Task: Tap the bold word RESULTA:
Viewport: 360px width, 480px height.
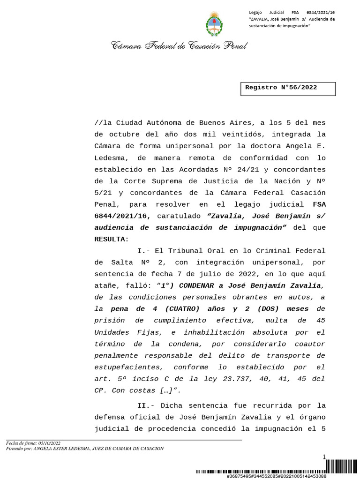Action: [112, 239]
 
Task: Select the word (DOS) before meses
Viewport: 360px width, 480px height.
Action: [269, 309]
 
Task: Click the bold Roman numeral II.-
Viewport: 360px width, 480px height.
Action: [146, 405]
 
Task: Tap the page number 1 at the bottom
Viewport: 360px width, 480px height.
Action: [323, 457]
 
